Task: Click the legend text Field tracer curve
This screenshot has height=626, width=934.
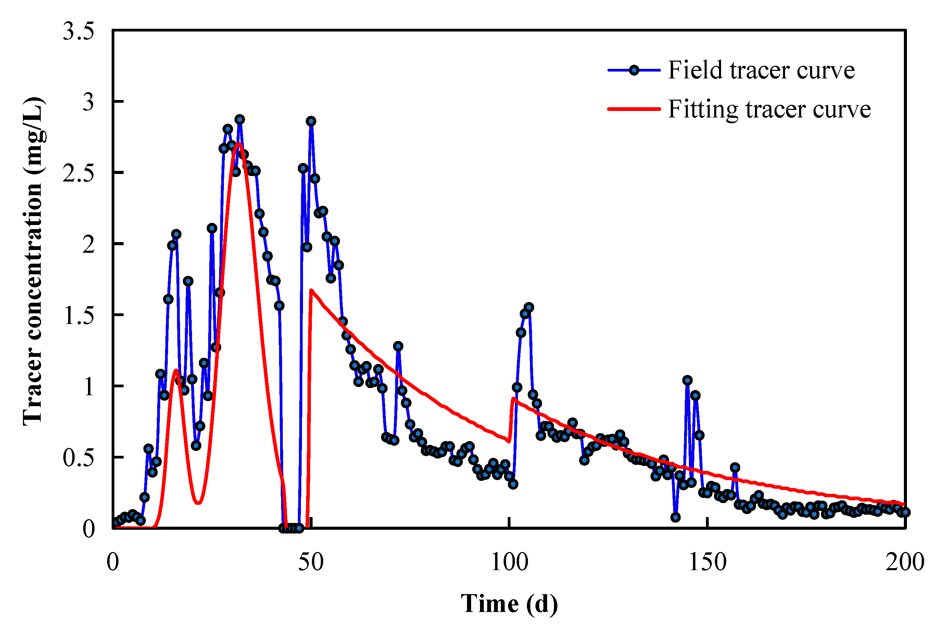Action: [x=761, y=70]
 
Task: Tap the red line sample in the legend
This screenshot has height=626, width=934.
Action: [x=634, y=109]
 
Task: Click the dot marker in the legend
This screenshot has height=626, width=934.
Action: [x=634, y=70]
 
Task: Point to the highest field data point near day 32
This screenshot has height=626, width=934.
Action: [x=239, y=120]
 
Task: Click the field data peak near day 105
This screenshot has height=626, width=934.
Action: [x=529, y=308]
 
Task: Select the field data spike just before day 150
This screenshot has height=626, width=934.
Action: [x=687, y=380]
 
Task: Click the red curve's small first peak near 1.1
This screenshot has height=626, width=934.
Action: [x=176, y=370]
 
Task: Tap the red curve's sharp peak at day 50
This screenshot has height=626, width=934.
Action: [x=311, y=290]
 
